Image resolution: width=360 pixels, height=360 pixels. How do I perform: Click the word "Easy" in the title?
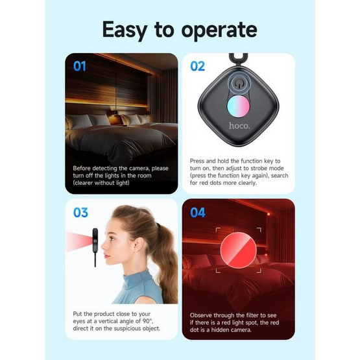pos(125,30)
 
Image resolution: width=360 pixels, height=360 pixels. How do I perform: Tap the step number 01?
pos(80,66)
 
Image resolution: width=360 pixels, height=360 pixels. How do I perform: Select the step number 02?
pos(197,66)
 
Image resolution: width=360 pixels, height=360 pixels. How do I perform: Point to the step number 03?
pos(80,212)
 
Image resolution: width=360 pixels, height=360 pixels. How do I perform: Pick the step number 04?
pos(198,212)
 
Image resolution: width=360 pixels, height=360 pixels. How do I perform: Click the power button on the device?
pos(239,84)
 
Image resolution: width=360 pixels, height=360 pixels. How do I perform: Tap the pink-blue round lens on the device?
pos(238,106)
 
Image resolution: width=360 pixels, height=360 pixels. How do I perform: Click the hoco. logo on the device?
pos(239,126)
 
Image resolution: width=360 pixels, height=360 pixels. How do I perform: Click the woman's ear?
pos(137,245)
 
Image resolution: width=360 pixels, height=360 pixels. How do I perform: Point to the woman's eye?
pos(112,239)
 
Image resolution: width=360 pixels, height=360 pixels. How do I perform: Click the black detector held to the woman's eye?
pos(95,243)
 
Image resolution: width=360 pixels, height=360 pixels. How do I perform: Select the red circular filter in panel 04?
pos(238,250)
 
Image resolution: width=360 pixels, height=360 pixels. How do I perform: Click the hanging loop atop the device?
pos(238,59)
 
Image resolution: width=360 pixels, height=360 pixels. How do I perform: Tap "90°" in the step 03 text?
pos(149,321)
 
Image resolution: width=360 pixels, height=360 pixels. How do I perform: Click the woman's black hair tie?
pos(158,224)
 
